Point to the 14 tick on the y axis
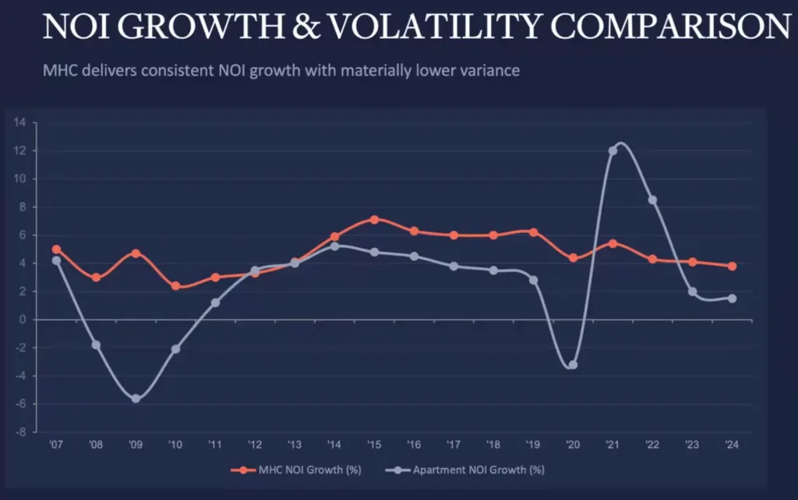20,122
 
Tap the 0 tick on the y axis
23,320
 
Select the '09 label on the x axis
136,445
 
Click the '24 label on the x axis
732,445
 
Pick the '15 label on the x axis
374,445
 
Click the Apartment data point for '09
136,399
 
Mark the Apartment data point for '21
613,151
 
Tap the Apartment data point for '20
573,364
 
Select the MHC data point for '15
374,220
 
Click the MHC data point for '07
56,250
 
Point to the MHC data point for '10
175,286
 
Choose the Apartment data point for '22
652,200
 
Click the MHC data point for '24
732,266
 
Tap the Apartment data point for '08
96,345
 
